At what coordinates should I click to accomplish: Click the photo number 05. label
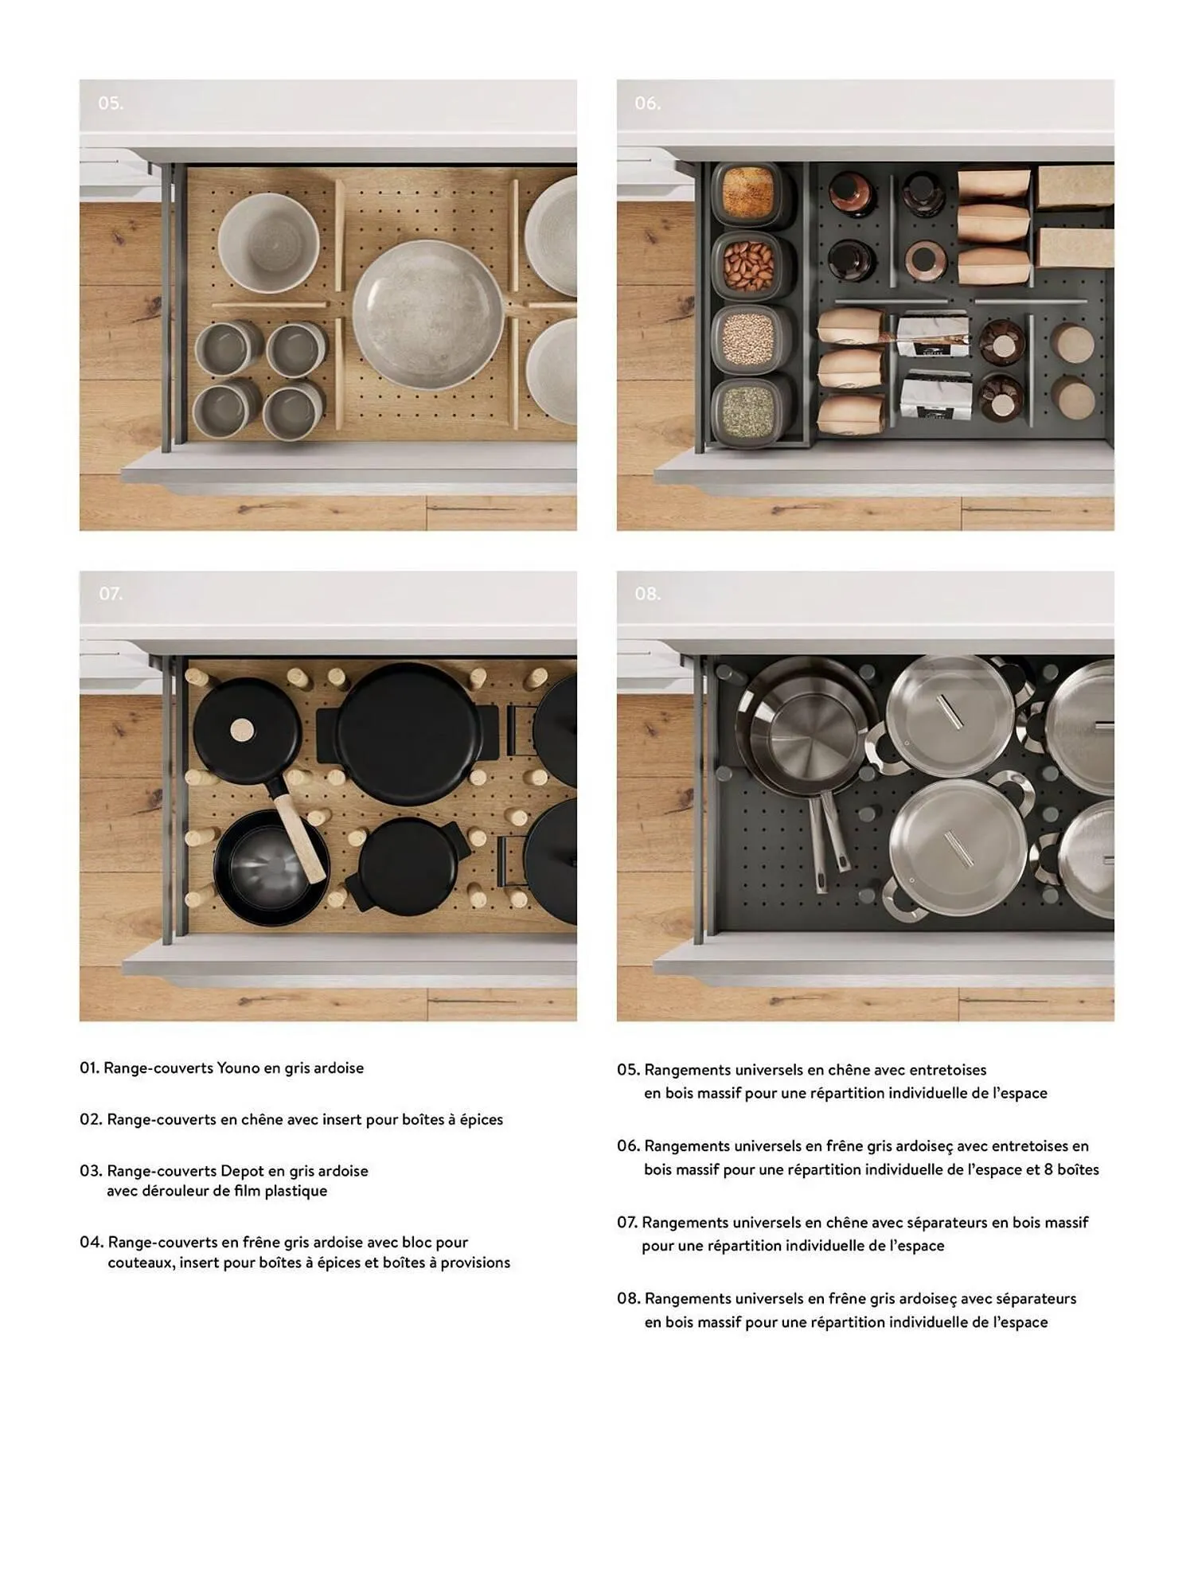click(x=111, y=103)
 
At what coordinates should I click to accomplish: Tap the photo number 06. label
click(x=647, y=103)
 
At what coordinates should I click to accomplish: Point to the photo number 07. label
click(x=111, y=594)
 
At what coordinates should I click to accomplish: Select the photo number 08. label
click(x=647, y=594)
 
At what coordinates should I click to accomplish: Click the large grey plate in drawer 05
click(x=428, y=314)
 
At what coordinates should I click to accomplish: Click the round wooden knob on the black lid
click(x=243, y=729)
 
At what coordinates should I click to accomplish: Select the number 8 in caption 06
click(x=1049, y=1169)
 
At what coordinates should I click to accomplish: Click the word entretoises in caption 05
click(x=947, y=1070)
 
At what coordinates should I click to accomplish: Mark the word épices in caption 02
click(x=482, y=1120)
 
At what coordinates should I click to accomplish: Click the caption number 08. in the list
click(x=628, y=1299)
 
